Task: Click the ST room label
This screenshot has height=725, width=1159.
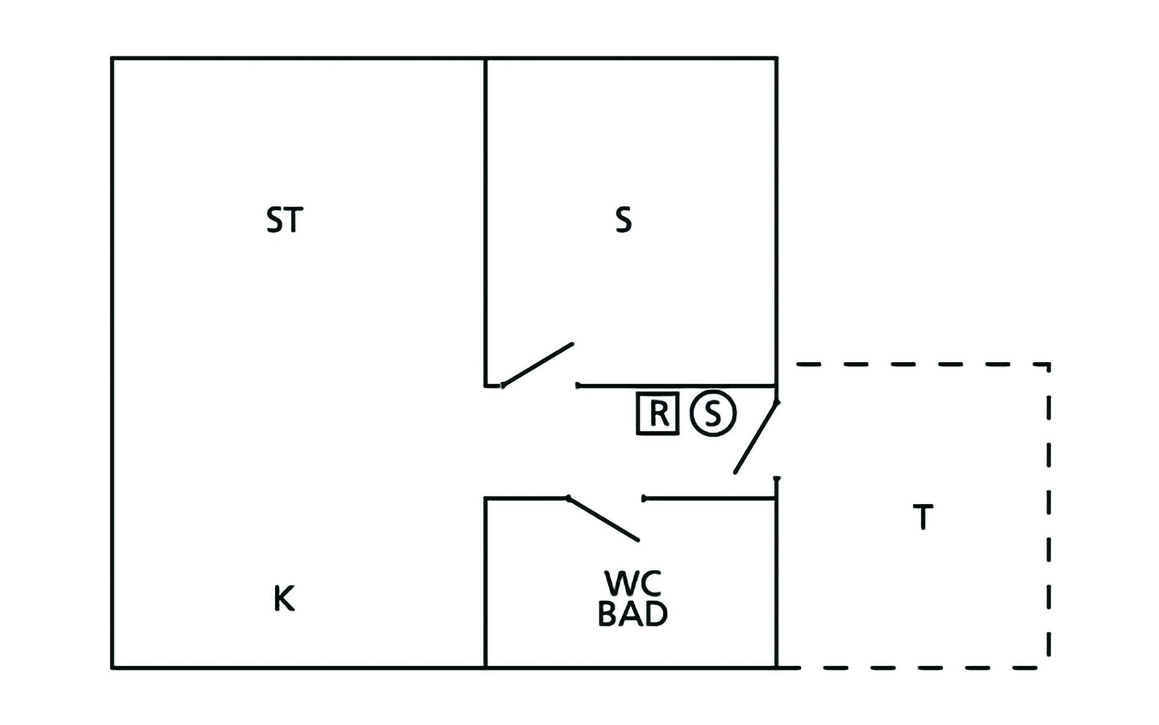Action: (284, 220)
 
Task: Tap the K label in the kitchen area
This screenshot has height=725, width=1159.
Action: (284, 599)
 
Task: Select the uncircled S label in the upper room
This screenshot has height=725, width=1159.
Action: (624, 220)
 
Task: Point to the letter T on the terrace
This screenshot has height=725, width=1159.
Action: (923, 517)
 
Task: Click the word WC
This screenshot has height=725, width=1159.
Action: (633, 583)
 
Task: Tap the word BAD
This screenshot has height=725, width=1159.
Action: (633, 613)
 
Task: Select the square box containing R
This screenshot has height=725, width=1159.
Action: (658, 413)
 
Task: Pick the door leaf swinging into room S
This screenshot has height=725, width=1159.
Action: (537, 365)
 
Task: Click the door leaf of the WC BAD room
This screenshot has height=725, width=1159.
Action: (603, 519)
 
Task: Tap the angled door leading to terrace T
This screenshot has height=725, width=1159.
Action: (756, 437)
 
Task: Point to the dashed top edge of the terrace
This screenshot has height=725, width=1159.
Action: (922, 364)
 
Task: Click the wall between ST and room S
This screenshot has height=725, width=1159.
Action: (485, 222)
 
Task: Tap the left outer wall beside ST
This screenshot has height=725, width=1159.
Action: (112, 363)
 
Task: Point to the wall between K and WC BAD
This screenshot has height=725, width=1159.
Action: (485, 583)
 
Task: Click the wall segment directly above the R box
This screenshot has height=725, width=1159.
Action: (676, 385)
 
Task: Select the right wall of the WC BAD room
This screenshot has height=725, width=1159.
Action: (776, 573)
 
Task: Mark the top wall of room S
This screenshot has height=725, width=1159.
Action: (631, 59)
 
